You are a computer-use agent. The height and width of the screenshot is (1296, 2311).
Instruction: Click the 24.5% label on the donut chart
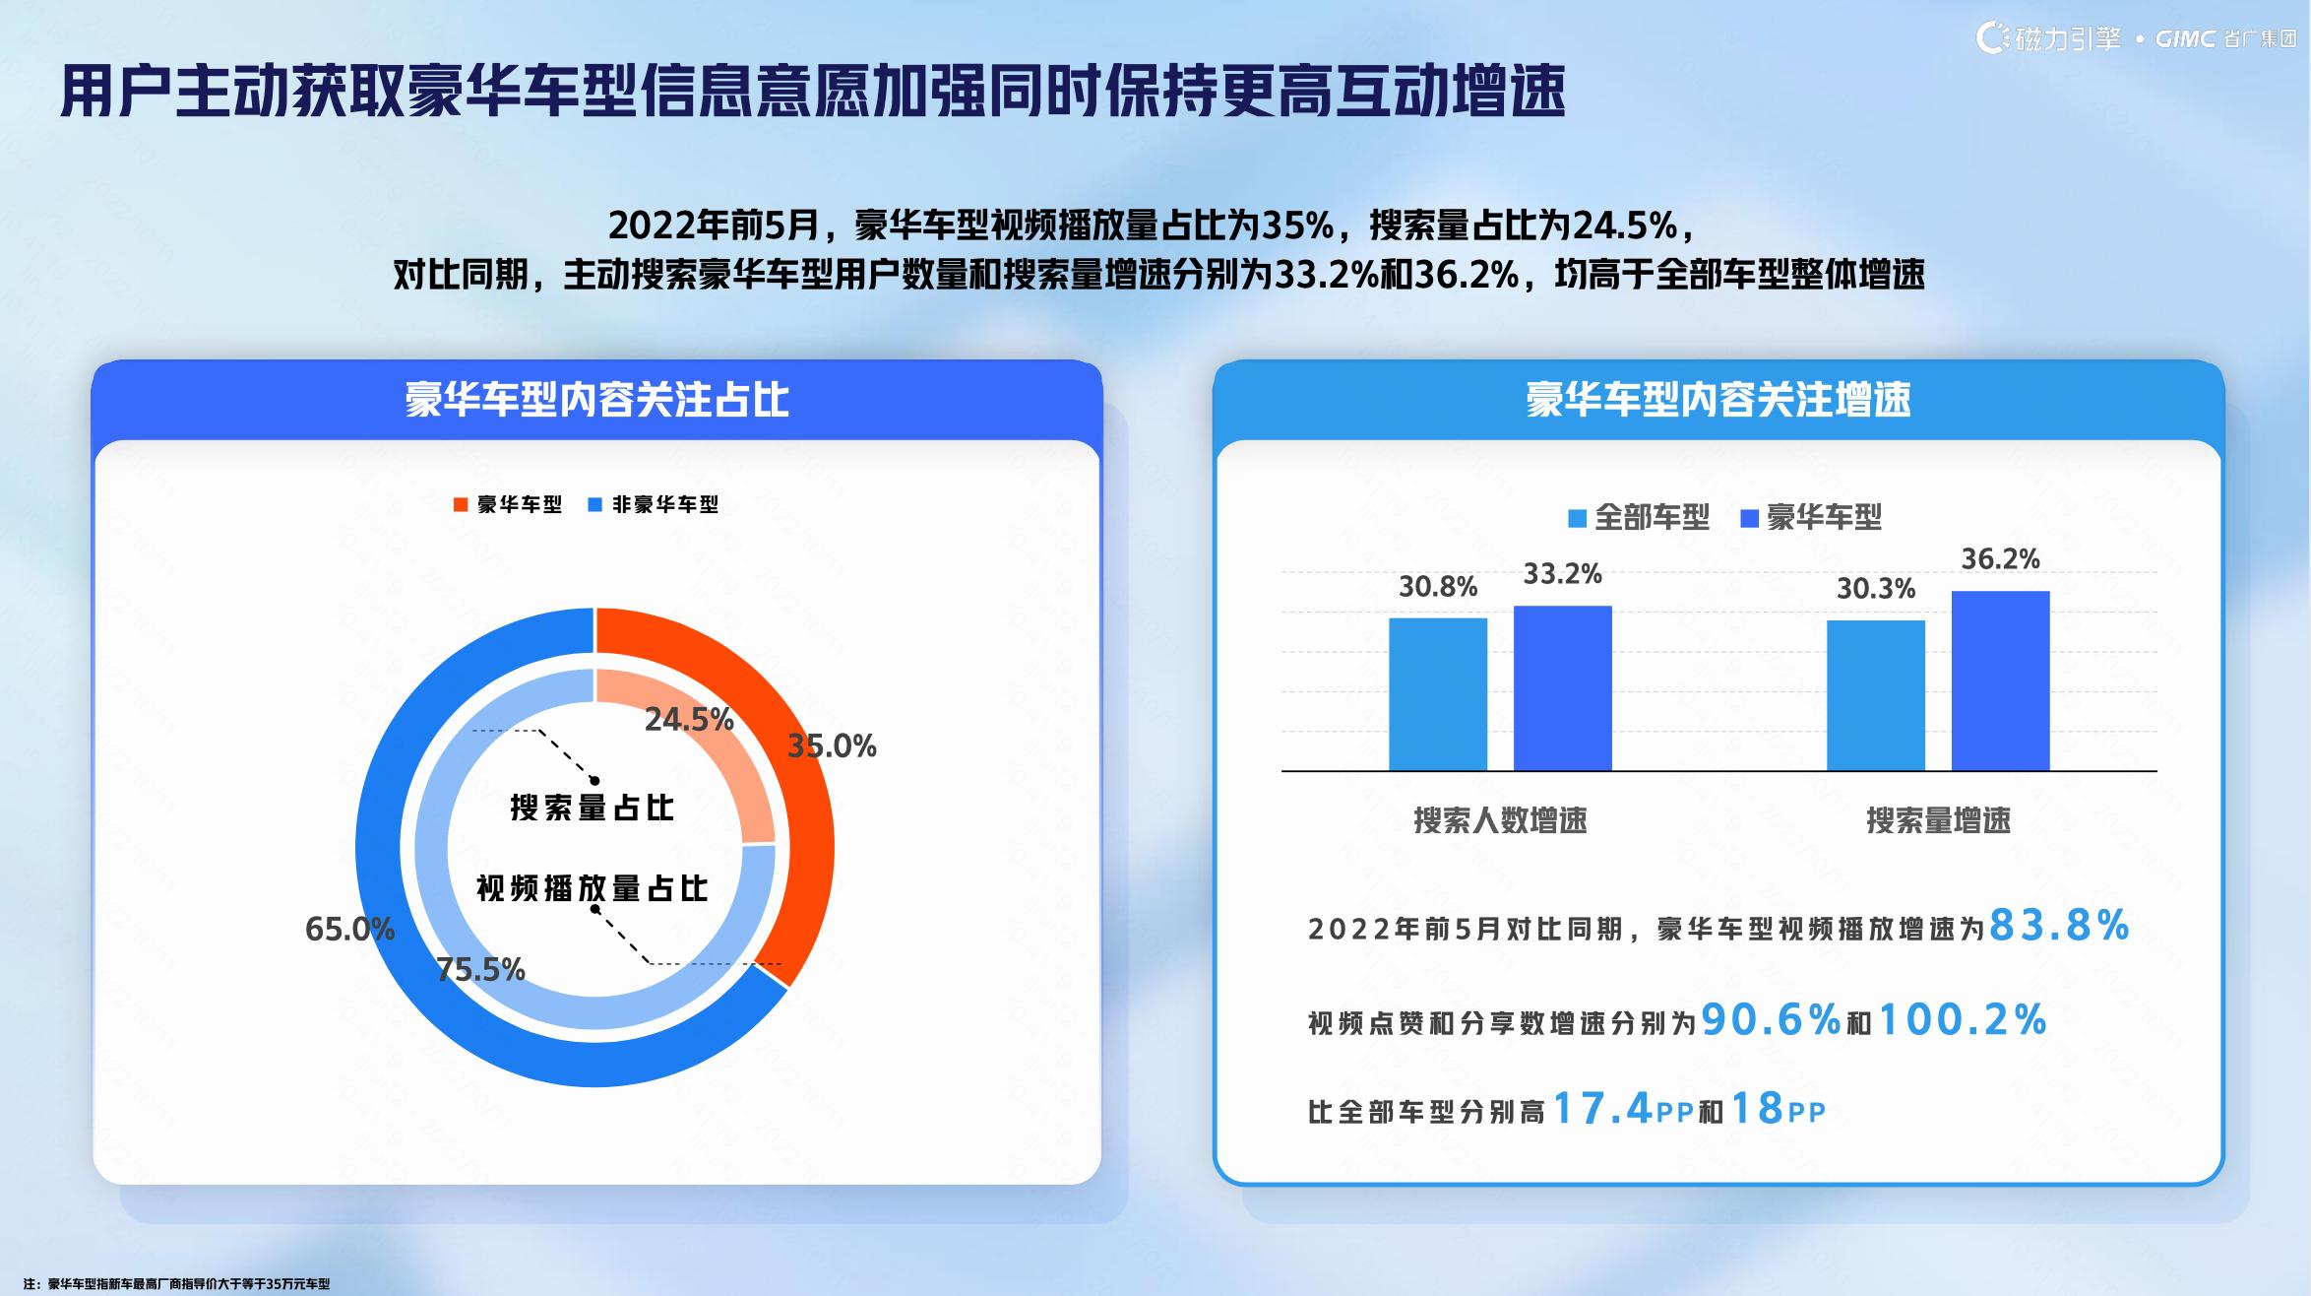689,720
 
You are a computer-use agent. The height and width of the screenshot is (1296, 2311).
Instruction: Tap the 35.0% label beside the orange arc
832,746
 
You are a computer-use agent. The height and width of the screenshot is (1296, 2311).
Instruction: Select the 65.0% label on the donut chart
349,929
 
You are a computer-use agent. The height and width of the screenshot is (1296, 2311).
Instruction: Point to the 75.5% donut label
480,971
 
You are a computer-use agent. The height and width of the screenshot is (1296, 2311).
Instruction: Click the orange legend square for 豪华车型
461,505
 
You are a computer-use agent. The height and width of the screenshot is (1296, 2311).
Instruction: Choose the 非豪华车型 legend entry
654,505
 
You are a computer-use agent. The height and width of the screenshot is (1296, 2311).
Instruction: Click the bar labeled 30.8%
1438,694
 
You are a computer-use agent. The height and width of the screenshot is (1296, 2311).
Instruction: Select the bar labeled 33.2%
1563,688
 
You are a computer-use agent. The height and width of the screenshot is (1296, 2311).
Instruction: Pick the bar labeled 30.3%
1876,695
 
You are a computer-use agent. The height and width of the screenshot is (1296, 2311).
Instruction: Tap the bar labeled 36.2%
2001,680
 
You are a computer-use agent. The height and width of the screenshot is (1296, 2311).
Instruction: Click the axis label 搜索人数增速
1500,820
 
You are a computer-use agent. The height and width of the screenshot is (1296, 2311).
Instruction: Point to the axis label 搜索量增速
1938,820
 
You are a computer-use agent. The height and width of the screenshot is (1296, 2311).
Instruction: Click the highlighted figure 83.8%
2059,926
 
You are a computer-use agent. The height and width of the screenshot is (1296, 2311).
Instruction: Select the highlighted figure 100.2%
1963,1019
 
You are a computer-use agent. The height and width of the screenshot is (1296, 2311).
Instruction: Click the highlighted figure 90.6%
1771,1019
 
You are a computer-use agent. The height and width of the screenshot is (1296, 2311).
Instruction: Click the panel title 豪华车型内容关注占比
596,400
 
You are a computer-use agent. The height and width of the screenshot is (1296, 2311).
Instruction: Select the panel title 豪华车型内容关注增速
1718,400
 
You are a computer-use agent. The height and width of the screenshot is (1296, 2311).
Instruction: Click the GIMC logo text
2184,39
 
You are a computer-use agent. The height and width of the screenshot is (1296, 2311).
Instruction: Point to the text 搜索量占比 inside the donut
593,808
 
